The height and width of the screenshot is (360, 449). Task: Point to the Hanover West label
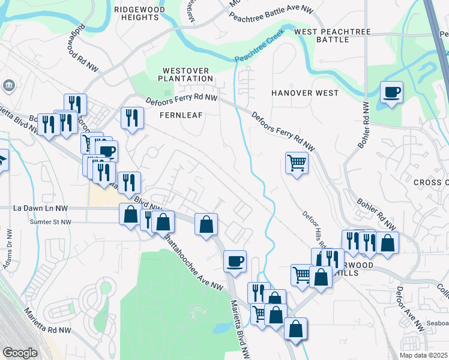tap(305, 93)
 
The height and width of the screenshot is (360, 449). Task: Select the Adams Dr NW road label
tap(8, 250)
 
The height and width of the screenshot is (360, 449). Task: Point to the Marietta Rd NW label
tap(48, 321)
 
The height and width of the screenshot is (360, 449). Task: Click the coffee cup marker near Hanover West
tap(391, 92)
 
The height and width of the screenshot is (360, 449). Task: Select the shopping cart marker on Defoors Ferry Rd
tap(297, 162)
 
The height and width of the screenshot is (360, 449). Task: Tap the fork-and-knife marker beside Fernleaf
tap(132, 117)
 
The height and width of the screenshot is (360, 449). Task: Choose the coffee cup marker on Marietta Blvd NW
tap(235, 260)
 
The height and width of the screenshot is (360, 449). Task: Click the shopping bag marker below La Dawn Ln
tap(131, 214)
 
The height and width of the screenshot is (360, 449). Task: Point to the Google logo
tap(20, 353)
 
